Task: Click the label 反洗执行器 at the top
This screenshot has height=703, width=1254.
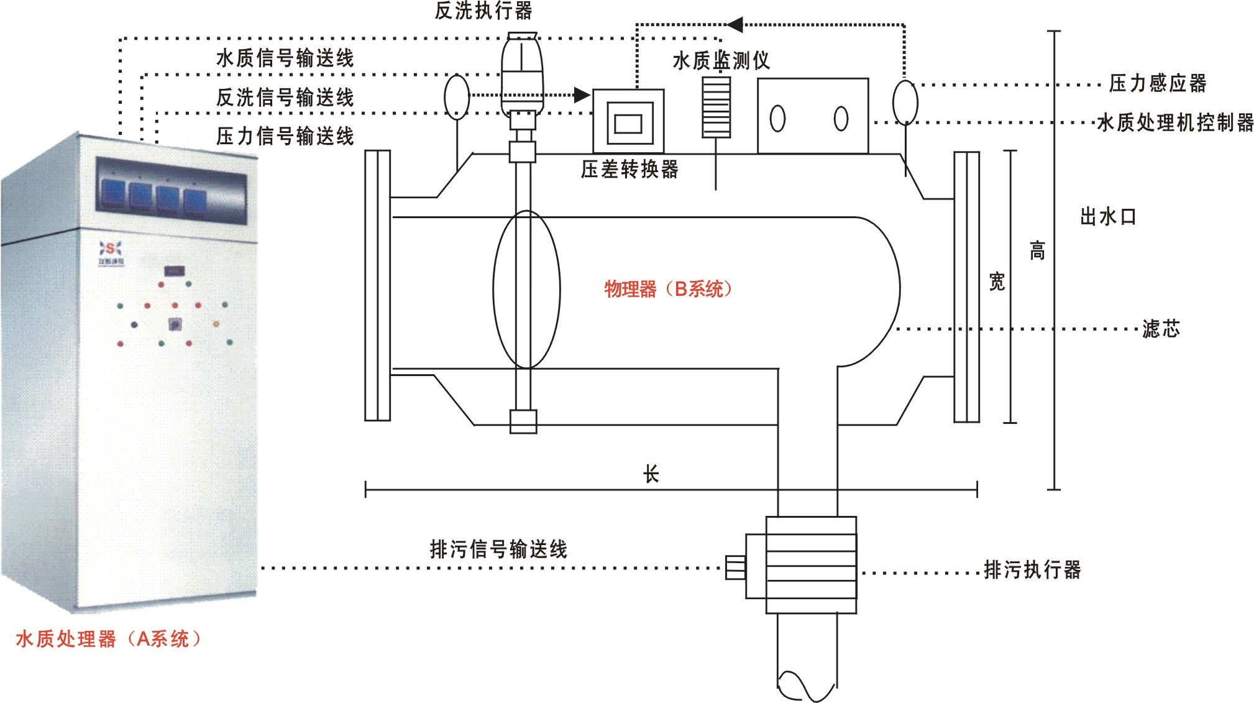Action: pyautogui.click(x=483, y=11)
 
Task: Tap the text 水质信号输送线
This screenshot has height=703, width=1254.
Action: pyautogui.click(x=285, y=58)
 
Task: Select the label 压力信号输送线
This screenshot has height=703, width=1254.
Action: pyautogui.click(x=285, y=136)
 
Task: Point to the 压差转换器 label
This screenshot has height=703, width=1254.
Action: pyautogui.click(x=629, y=169)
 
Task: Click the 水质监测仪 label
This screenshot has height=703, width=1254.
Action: pyautogui.click(x=721, y=60)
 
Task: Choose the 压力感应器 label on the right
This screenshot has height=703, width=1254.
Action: pyautogui.click(x=1157, y=83)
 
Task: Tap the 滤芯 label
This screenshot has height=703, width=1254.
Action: pyautogui.click(x=1160, y=328)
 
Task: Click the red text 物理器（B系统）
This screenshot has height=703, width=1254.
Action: pyautogui.click(x=668, y=289)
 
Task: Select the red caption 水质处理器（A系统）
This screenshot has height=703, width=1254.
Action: pyautogui.click(x=109, y=639)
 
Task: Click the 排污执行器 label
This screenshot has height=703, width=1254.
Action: pyautogui.click(x=1032, y=569)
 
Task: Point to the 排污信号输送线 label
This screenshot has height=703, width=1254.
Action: pyautogui.click(x=498, y=549)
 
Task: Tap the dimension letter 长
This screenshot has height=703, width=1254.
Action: pyautogui.click(x=651, y=474)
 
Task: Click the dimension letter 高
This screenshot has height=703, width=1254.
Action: pyautogui.click(x=1037, y=250)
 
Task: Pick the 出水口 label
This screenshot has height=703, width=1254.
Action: pyautogui.click(x=1108, y=217)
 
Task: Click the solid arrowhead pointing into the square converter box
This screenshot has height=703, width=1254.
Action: pyautogui.click(x=582, y=95)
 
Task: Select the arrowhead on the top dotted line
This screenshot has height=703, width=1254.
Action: pyautogui.click(x=735, y=25)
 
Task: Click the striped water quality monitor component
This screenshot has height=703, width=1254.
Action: pyautogui.click(x=716, y=106)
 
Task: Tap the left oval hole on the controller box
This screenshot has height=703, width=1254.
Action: pyautogui.click(x=777, y=119)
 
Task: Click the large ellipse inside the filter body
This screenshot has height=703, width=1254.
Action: pyautogui.click(x=526, y=290)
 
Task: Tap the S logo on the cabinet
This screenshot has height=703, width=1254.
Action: pyautogui.click(x=111, y=249)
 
